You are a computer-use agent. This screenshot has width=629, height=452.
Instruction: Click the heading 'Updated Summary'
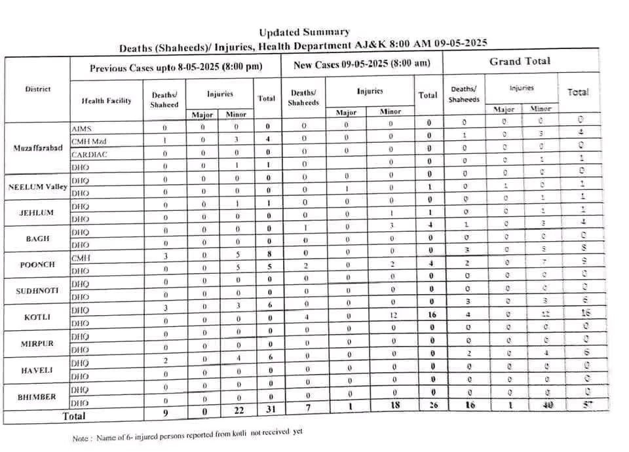[303, 32]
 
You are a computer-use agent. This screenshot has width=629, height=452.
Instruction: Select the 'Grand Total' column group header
[520, 62]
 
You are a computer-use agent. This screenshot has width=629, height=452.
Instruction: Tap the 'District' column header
[38, 89]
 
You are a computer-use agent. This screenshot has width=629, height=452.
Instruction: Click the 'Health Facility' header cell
[106, 101]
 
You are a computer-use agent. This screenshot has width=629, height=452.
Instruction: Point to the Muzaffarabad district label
[38, 147]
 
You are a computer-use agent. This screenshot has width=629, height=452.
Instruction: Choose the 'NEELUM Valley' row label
[38, 187]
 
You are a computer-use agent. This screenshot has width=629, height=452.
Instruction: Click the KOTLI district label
[38, 317]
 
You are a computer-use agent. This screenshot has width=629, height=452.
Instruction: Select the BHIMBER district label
[38, 396]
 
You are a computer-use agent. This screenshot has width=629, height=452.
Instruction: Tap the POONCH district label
[38, 265]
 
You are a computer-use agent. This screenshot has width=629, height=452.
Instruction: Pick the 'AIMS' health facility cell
[81, 128]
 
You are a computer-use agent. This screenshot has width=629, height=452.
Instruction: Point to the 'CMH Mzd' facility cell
[88, 140]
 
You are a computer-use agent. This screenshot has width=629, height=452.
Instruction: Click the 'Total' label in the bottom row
[73, 415]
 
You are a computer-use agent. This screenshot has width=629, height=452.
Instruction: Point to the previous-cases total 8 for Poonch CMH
[267, 255]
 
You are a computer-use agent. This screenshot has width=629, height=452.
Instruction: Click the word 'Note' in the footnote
[81, 438]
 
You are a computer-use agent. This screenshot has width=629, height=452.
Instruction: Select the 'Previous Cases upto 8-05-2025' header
[176, 67]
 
